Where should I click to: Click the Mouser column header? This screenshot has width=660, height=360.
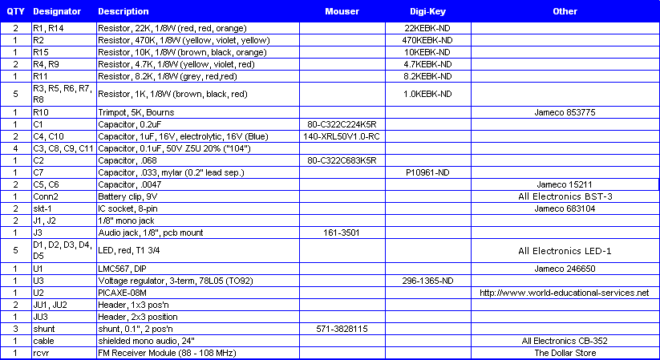pyautogui.click(x=342, y=12)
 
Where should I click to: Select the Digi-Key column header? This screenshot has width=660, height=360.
pyautogui.click(x=427, y=12)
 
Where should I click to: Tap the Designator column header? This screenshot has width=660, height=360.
pyautogui.click(x=58, y=12)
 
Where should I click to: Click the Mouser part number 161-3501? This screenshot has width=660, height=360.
pyautogui.click(x=342, y=233)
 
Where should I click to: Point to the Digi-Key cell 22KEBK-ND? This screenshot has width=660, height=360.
pyautogui.click(x=427, y=28)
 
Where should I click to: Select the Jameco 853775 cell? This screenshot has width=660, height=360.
pyautogui.click(x=565, y=112)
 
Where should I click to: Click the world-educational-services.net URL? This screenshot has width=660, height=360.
pyautogui.click(x=565, y=293)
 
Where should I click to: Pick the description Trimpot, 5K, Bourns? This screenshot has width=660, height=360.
pyautogui.click(x=136, y=112)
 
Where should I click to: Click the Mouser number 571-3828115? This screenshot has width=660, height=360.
pyautogui.click(x=342, y=329)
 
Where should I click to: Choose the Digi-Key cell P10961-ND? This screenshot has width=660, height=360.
pyautogui.click(x=427, y=172)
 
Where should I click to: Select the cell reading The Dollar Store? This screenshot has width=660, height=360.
pyautogui.click(x=565, y=353)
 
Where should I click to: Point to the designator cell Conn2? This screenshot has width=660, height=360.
pyautogui.click(x=46, y=196)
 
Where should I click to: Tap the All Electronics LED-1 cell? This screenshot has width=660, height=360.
pyautogui.click(x=565, y=251)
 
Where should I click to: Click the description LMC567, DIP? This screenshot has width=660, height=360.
pyautogui.click(x=124, y=269)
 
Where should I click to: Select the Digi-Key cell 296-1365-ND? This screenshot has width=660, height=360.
pyautogui.click(x=427, y=281)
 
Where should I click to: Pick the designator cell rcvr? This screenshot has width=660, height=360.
pyautogui.click(x=41, y=353)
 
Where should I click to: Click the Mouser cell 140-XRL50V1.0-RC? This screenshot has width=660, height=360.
pyautogui.click(x=342, y=136)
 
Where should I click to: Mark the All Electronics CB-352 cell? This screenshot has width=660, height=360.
pyautogui.click(x=565, y=341)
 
